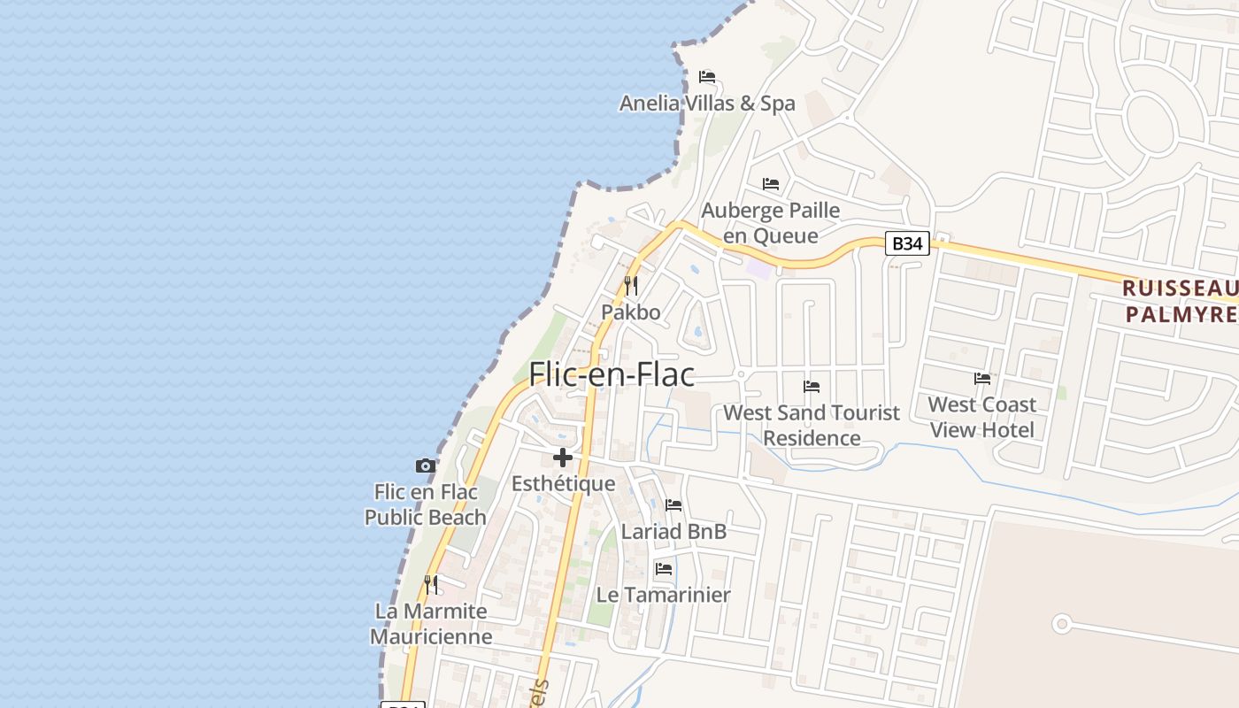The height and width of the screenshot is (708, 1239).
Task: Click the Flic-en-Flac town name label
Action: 612,374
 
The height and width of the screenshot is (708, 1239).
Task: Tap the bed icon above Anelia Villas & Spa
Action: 707,77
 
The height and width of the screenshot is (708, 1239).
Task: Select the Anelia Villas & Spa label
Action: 707,104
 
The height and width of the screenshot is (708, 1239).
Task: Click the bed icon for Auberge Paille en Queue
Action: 771,184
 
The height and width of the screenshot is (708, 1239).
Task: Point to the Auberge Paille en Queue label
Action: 771,223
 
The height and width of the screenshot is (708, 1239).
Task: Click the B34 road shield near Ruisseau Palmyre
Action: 907,243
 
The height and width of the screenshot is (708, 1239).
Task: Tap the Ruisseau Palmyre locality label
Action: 1180,301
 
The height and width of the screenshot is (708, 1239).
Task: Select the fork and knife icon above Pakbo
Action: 631,286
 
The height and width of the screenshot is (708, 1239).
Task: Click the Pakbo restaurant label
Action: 631,312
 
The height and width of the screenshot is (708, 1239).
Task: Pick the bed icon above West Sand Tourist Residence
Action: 812,387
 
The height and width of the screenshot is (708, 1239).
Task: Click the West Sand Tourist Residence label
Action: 812,425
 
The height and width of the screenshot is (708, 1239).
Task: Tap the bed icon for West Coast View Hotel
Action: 982,379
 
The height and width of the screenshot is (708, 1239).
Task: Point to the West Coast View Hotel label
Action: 982,417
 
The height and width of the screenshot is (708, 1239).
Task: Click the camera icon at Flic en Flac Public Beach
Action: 426,466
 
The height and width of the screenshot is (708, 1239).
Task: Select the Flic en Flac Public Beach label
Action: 426,504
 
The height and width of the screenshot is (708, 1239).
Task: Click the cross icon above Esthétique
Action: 563,458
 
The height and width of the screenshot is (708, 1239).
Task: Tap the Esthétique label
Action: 563,484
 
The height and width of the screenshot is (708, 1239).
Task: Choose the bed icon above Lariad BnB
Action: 673,505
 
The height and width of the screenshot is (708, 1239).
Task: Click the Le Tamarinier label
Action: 664,595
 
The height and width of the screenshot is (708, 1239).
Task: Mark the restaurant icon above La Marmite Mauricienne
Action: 431,585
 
